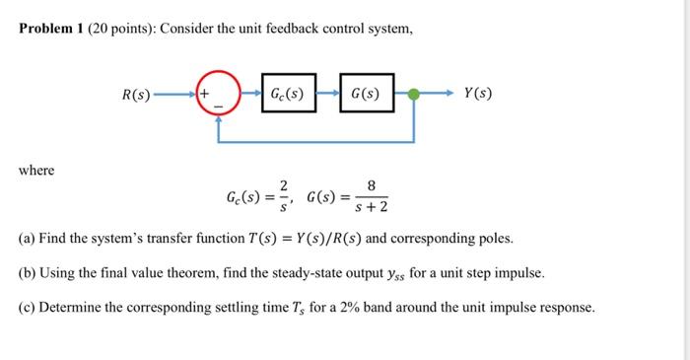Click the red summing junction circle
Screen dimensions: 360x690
pyautogui.click(x=218, y=95)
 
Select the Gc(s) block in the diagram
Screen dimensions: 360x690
pyautogui.click(x=290, y=95)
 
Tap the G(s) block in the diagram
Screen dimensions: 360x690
pyautogui.click(x=366, y=95)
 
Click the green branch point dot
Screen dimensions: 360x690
pyautogui.click(x=414, y=95)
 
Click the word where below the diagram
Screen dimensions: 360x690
pyautogui.click(x=36, y=171)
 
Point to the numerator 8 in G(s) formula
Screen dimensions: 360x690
pyautogui.click(x=371, y=184)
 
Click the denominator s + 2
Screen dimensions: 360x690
pyautogui.click(x=371, y=207)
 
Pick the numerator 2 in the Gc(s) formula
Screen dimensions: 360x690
pyautogui.click(x=284, y=184)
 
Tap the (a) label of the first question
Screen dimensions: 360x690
pyautogui.click(x=28, y=239)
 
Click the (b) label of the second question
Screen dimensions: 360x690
pyautogui.click(x=28, y=272)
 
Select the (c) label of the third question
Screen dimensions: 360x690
pyautogui.click(x=28, y=307)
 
